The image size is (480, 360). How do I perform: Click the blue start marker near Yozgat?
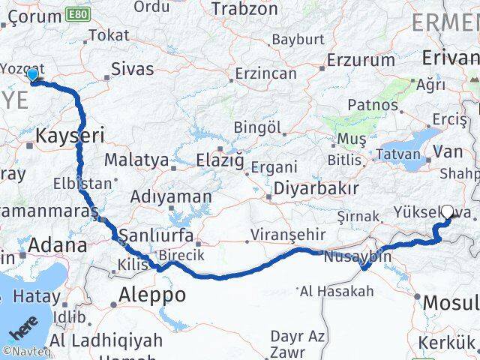[32, 75]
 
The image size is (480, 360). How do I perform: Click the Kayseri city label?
[70, 135]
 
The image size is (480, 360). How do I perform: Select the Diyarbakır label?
[314, 188]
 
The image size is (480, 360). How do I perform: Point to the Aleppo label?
[151, 295]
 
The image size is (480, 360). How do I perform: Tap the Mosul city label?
[450, 303]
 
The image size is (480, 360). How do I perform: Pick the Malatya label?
[136, 160]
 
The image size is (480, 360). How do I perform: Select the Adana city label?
[58, 244]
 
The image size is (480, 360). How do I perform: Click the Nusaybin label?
[358, 256]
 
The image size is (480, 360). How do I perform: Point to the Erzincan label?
[265, 74]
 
